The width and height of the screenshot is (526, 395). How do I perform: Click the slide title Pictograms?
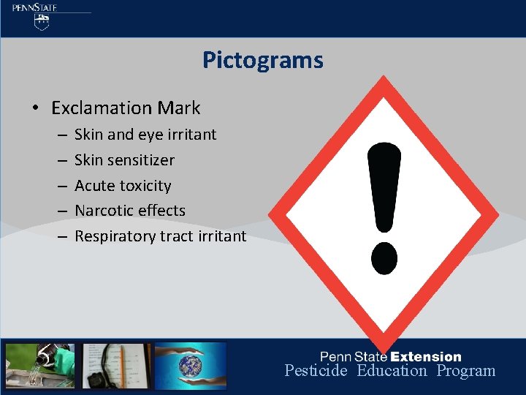(x=262, y=60)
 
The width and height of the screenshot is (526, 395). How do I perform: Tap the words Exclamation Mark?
(x=126, y=108)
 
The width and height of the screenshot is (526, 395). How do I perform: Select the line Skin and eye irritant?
(x=145, y=135)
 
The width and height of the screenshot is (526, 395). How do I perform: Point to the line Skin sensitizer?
(x=124, y=160)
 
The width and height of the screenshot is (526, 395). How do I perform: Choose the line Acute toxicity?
(x=123, y=186)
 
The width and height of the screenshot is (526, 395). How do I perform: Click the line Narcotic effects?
(x=130, y=211)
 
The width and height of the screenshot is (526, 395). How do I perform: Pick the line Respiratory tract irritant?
(x=160, y=236)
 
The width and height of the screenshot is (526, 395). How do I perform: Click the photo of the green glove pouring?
(x=40, y=366)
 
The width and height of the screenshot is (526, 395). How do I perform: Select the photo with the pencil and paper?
(x=117, y=366)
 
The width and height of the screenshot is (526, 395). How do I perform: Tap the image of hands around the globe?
(x=191, y=366)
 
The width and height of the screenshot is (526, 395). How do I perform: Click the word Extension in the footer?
(x=426, y=357)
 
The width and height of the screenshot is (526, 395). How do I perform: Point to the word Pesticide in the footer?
(x=316, y=371)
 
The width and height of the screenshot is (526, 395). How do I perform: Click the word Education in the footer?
(x=392, y=371)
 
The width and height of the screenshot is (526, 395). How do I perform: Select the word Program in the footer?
(x=466, y=371)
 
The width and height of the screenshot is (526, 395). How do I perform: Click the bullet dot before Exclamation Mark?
(x=35, y=109)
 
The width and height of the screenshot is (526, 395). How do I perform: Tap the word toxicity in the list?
(x=146, y=186)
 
